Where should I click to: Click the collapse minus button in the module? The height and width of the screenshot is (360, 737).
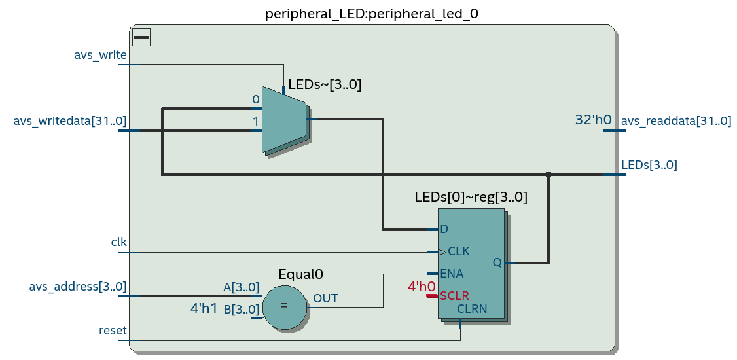point(141,37)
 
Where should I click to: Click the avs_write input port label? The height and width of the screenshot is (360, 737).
point(100,55)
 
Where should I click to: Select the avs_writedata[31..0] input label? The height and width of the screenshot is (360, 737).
point(70,121)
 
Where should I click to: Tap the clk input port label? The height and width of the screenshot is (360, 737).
point(118,242)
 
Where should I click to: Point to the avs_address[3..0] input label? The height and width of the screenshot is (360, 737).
point(77,286)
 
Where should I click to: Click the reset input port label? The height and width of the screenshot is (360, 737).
point(113,331)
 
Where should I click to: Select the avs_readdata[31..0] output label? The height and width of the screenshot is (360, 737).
point(676,121)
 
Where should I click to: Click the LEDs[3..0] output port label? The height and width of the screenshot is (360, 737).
point(649,165)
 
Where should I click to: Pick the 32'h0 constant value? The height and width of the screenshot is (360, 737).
point(593,120)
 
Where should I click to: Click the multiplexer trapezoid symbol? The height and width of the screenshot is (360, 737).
point(284,119)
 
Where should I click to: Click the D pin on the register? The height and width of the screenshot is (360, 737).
point(444,229)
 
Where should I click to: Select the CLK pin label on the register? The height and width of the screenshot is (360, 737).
point(459,251)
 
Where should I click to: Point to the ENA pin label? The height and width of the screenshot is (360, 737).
point(452,274)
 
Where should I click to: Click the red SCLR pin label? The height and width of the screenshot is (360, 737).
point(454,296)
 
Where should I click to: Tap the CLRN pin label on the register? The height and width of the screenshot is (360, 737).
point(472,309)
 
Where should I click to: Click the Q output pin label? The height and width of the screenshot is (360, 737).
point(497,262)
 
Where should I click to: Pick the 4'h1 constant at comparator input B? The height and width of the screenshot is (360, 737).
point(204,308)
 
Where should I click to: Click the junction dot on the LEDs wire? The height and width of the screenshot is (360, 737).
point(548,174)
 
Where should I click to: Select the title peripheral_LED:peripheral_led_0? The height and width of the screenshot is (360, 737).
point(371,14)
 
